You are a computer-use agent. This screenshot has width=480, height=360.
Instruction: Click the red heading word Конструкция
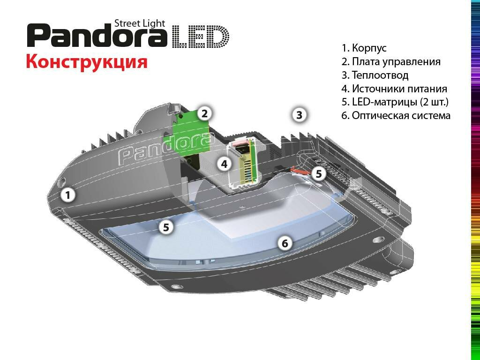(x=87, y=61)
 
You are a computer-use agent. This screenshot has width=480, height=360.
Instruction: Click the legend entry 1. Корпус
(x=364, y=48)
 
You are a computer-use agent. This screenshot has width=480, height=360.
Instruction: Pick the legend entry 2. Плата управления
(x=391, y=62)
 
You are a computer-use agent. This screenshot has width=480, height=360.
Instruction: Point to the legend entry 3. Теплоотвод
(x=375, y=75)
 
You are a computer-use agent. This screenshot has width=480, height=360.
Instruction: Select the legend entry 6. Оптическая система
(x=396, y=116)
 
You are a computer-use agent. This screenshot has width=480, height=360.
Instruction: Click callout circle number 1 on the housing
(x=68, y=195)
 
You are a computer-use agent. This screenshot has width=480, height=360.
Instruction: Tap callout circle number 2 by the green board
(x=204, y=113)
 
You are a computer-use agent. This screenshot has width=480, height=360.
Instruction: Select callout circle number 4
(x=225, y=164)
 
